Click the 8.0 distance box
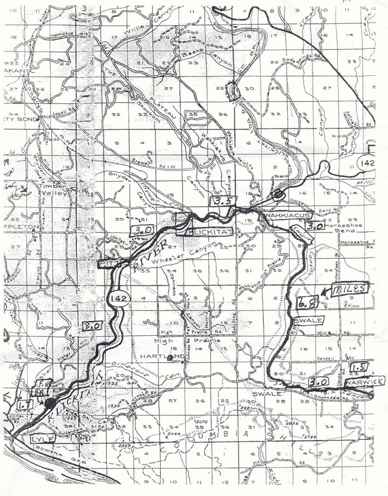coord(91,326)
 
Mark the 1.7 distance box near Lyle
coord(25,405)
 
